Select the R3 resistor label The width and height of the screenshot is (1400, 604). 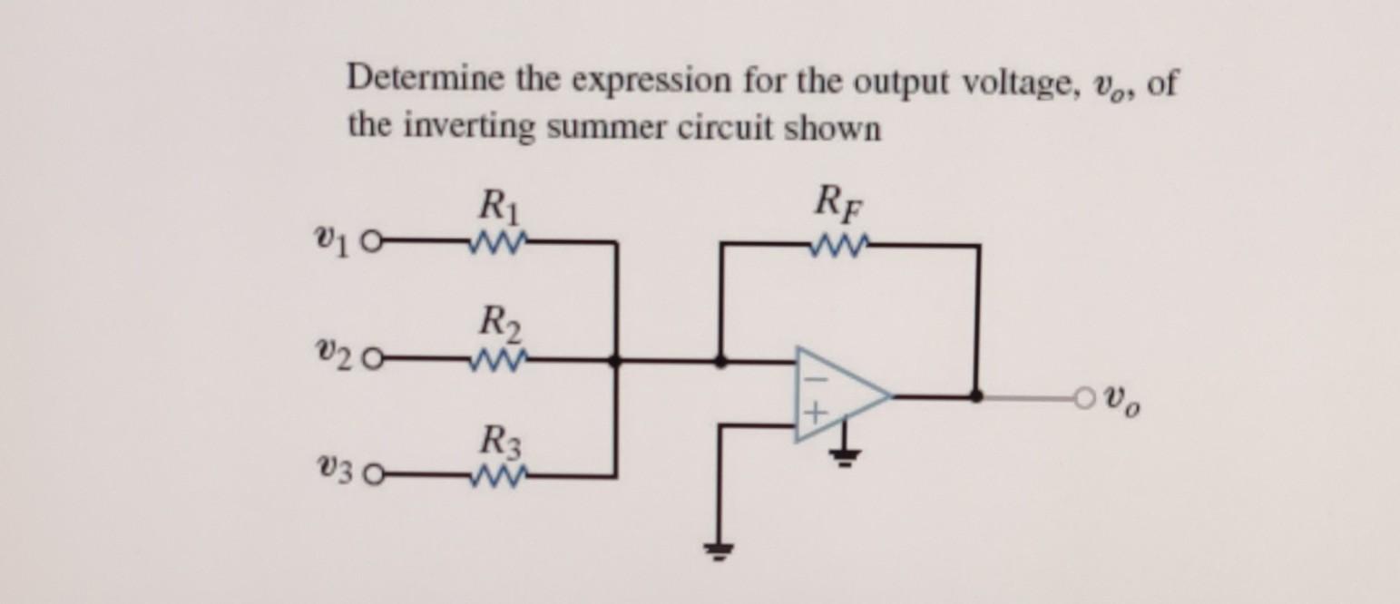point(497,444)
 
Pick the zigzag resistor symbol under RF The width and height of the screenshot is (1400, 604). point(838,243)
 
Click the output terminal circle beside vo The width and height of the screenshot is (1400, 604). point(1080,395)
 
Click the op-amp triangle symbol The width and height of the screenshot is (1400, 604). point(840,394)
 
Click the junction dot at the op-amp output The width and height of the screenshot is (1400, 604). point(976,395)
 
